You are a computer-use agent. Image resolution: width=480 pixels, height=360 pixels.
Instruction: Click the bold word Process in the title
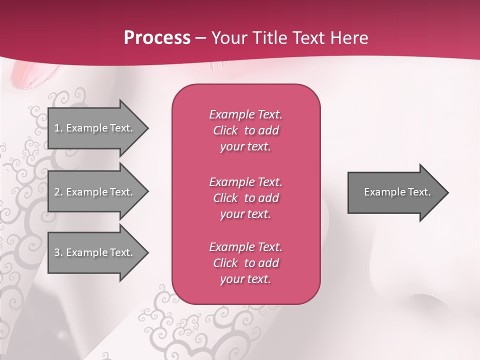coord(157,38)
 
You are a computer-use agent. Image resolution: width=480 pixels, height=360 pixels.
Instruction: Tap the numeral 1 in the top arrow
coord(57,128)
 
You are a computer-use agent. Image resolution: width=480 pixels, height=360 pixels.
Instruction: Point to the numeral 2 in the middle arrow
coord(57,192)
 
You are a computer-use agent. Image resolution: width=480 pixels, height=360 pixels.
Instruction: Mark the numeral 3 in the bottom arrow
coord(57,252)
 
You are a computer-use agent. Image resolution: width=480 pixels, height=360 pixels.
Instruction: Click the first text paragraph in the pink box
coord(246,130)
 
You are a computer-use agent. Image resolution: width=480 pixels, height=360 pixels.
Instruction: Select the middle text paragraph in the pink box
coord(246,198)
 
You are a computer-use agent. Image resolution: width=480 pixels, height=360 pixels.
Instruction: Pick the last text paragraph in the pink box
coord(246,263)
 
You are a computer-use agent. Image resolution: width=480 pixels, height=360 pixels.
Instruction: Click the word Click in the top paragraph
coord(225,130)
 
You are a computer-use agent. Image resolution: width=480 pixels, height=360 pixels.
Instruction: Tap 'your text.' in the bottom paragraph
coord(245,279)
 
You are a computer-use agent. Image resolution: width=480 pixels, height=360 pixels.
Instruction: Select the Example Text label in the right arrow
coord(397,192)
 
